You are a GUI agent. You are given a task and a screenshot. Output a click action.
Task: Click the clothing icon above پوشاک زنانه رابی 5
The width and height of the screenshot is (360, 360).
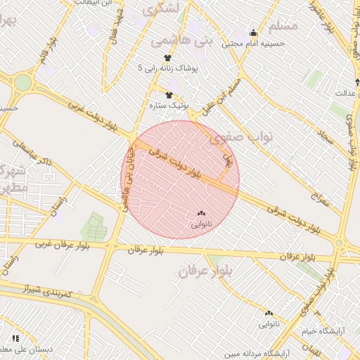click(x=167, y=58)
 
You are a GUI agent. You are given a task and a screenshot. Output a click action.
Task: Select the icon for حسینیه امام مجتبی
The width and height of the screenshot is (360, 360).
click(x=254, y=32)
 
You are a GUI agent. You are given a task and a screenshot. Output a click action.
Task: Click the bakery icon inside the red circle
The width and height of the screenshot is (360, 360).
click(x=201, y=213)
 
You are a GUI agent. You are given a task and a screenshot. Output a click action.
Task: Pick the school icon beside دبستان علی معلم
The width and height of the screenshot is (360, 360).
click(x=16, y=339)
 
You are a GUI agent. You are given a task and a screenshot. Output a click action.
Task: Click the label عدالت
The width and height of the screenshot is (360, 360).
click(x=346, y=92)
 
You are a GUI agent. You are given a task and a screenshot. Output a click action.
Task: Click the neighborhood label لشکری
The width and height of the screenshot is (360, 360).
click(x=162, y=8)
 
